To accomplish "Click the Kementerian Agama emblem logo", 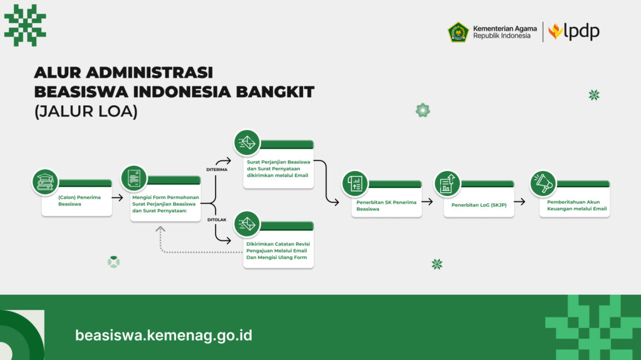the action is click(x=458, y=33).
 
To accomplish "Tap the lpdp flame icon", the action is click(x=555, y=31).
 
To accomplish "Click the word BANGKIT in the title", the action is click(x=275, y=91).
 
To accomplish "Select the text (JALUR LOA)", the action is click(x=86, y=111).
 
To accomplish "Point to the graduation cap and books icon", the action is click(x=45, y=182).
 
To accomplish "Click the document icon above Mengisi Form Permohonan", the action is click(x=134, y=178).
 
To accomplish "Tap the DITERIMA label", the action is click(x=217, y=170).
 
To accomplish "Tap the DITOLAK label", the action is click(x=217, y=220).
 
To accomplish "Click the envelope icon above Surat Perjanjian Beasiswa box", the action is click(x=247, y=143).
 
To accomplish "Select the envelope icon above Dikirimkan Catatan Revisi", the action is click(x=247, y=224).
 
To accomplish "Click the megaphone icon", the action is click(x=543, y=183).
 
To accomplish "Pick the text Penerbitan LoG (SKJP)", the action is click(x=479, y=205).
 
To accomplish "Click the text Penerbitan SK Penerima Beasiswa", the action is click(x=386, y=205).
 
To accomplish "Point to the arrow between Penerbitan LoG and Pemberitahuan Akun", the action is click(x=520, y=201).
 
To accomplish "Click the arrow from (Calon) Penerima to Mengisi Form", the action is click(x=117, y=198).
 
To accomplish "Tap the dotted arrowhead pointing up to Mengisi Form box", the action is click(x=160, y=229).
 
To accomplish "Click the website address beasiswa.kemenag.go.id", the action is click(x=163, y=336).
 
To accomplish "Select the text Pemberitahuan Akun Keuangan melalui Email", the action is click(x=577, y=205).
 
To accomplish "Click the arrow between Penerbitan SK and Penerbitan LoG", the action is click(x=427, y=201).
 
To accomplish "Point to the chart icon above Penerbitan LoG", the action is click(x=447, y=183).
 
